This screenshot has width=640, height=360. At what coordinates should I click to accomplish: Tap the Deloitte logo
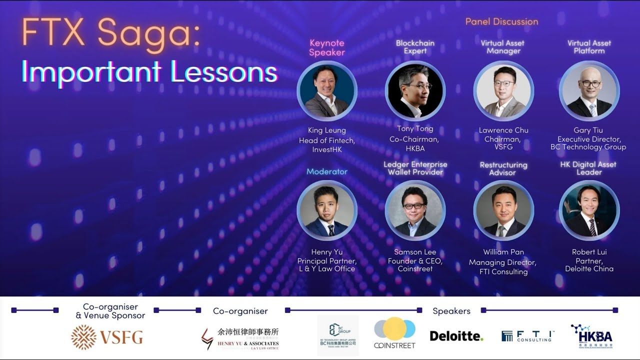[456, 336]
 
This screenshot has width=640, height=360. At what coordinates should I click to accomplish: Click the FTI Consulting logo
[528, 336]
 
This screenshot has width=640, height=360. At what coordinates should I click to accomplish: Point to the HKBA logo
[592, 335]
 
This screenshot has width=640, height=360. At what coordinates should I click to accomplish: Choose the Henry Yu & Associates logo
[240, 338]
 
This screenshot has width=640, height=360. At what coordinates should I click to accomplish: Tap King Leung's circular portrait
[327, 91]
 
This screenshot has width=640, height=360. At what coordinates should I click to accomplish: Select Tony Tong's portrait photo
[415, 91]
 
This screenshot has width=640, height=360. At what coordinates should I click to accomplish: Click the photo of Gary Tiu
[589, 91]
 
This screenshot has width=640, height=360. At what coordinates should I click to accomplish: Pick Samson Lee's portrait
[415, 210]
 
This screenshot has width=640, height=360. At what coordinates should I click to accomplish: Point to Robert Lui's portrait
[589, 210]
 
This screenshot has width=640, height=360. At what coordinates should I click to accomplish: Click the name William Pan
[503, 252]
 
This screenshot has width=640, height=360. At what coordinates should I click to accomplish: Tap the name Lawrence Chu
[503, 130]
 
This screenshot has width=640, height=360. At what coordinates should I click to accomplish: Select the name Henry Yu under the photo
[326, 252]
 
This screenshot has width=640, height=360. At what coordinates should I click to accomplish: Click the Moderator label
[327, 171]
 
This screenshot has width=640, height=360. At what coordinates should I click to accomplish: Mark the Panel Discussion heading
[501, 21]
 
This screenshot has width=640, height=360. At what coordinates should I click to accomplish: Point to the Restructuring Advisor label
[503, 168]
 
